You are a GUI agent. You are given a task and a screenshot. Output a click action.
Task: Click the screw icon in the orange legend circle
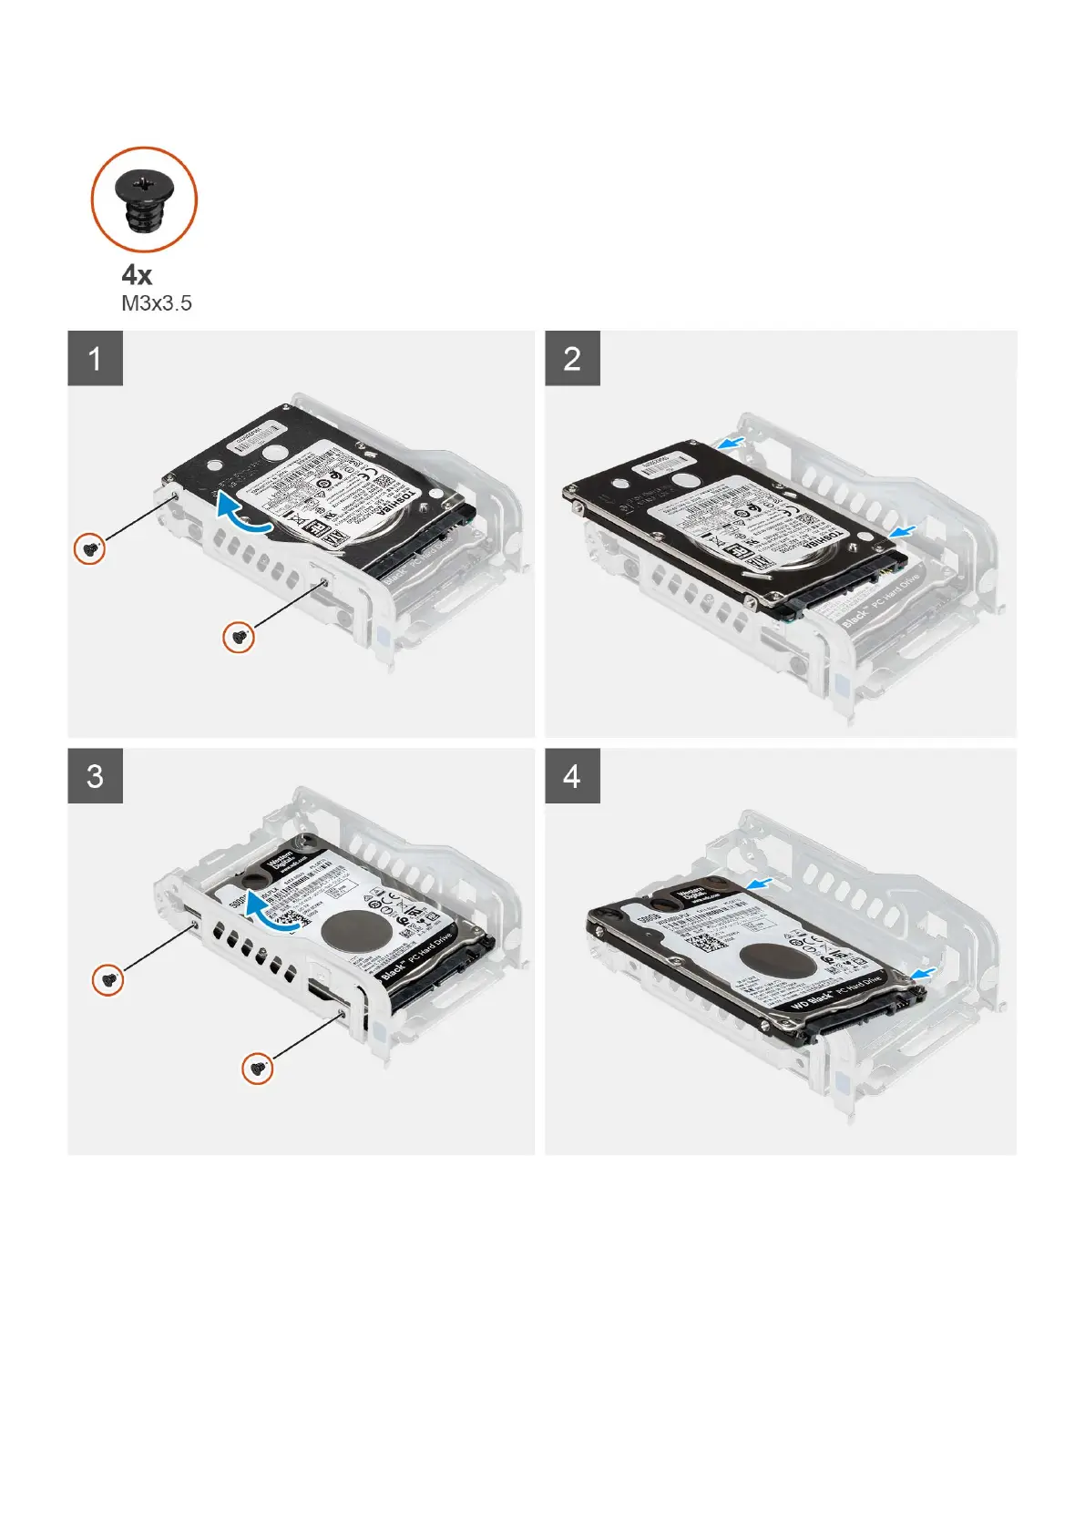pyautogui.click(x=144, y=199)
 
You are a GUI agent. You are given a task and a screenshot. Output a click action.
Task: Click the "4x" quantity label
pyautogui.click(x=137, y=275)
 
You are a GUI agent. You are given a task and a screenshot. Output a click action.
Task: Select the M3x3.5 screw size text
pyautogui.click(x=157, y=303)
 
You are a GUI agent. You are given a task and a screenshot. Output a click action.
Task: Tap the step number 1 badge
pyautogui.click(x=95, y=358)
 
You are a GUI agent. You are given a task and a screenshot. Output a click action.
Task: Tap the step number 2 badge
pyautogui.click(x=572, y=358)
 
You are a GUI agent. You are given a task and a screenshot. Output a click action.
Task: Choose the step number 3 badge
pyautogui.click(x=95, y=776)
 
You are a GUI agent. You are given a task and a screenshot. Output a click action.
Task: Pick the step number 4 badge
pyautogui.click(x=572, y=776)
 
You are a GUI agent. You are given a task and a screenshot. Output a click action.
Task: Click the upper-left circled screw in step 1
pyautogui.click(x=89, y=549)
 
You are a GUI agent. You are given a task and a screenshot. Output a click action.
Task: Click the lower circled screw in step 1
pyautogui.click(x=239, y=637)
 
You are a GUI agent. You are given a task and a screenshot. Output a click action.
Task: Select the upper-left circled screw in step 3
pyautogui.click(x=108, y=981)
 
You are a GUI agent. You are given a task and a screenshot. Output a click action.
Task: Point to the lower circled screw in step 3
pyautogui.click(x=258, y=1068)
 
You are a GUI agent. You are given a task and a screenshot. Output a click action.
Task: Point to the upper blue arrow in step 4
pyautogui.click(x=764, y=882)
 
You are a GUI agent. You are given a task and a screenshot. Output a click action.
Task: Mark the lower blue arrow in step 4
pyautogui.click(x=924, y=974)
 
